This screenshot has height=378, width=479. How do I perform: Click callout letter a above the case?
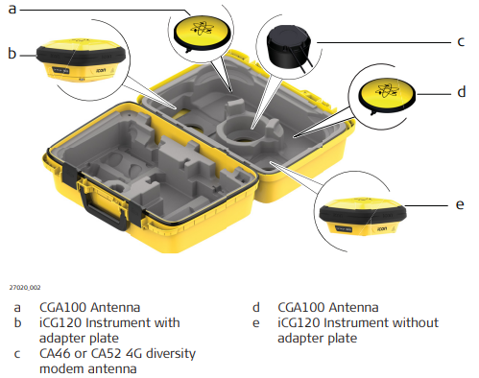click(x=12, y=9)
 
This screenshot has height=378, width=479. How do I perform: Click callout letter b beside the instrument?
click(x=12, y=53)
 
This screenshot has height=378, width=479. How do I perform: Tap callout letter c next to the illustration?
click(x=461, y=42)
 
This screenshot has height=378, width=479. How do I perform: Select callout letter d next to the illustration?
click(x=461, y=92)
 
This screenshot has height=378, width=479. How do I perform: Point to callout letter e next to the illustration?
click(x=460, y=204)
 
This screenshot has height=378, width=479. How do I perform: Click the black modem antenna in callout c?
click(x=289, y=47)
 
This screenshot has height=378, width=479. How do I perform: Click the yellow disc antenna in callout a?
click(x=202, y=33)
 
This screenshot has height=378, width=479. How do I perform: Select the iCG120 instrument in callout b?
click(x=81, y=60)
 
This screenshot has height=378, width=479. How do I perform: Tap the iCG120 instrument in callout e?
click(x=363, y=217)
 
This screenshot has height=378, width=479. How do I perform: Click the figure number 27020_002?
click(x=25, y=287)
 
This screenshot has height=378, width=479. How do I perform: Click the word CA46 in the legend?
click(x=55, y=354)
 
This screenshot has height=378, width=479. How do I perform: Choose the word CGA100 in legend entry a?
click(x=63, y=308)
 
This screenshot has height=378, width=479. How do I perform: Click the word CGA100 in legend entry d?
click(x=301, y=308)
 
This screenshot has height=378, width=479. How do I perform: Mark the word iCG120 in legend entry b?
click(x=60, y=323)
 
